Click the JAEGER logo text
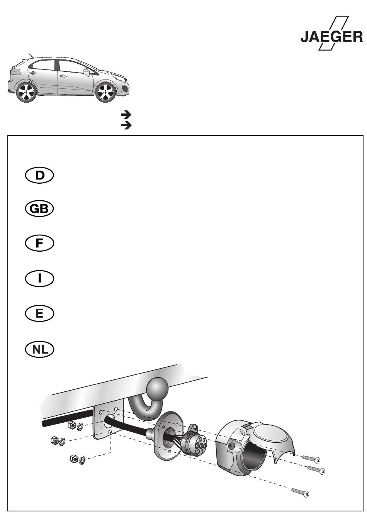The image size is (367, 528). pos(331,37)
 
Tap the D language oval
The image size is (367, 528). pos(39,176)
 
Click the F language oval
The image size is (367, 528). pos(39,243)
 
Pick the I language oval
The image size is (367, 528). pos(39,278)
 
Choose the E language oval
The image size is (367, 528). pos(39,314)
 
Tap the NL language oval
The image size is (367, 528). pos(39,349)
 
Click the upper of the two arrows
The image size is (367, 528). pos(126,115)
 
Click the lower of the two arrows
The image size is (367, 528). pos(126,126)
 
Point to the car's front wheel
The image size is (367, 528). pos(105,92)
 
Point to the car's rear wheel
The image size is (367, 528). pos(26,92)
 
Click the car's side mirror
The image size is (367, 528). pos(87,72)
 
